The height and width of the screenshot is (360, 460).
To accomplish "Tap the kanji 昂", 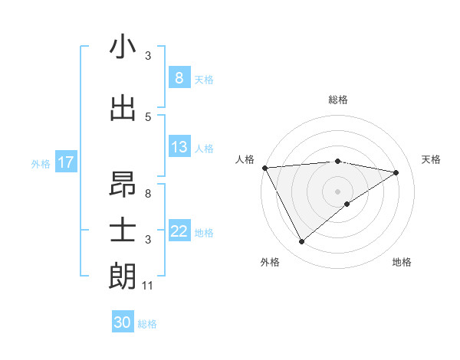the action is (123, 184).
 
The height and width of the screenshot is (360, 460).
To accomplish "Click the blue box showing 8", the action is (179, 77).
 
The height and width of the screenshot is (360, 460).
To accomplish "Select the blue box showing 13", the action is (179, 147).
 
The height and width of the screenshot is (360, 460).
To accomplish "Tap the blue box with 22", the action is (179, 231).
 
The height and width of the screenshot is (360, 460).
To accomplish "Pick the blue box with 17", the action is (66, 162).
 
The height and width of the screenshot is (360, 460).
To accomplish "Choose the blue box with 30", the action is (123, 322).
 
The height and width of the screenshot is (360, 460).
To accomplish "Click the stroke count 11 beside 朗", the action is (149, 286).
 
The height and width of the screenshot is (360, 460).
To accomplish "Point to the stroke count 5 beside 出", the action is (148, 117).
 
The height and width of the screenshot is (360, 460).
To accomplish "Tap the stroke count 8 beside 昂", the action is (148, 194).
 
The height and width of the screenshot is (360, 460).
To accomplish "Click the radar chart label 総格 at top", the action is (338, 100).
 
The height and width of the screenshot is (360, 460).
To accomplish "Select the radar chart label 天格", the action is (432, 159).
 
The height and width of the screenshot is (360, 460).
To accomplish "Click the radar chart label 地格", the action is (402, 262).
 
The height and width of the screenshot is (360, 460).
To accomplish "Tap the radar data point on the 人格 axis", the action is (264, 168).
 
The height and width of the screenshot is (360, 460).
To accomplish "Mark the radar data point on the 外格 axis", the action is (301, 242).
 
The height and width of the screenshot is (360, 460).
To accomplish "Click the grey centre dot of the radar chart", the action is (337, 191).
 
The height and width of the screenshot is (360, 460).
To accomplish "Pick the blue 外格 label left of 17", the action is (41, 163).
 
